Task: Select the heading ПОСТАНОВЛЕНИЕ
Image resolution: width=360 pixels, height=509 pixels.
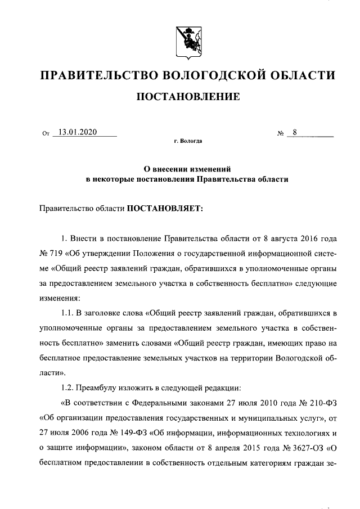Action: click(188, 98)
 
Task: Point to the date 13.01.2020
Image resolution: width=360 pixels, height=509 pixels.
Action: click(78, 132)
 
